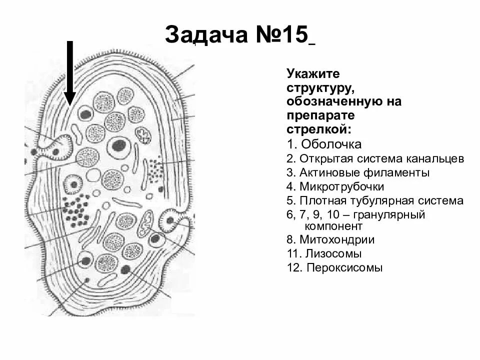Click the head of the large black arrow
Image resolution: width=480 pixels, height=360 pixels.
click(x=70, y=97)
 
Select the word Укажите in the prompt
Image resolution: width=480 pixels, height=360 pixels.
click(x=313, y=74)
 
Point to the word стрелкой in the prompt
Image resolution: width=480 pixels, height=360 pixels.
click(x=318, y=129)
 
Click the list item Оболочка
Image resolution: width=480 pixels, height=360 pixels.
click(x=330, y=145)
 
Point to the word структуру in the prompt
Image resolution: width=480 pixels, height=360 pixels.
click(x=320, y=88)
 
